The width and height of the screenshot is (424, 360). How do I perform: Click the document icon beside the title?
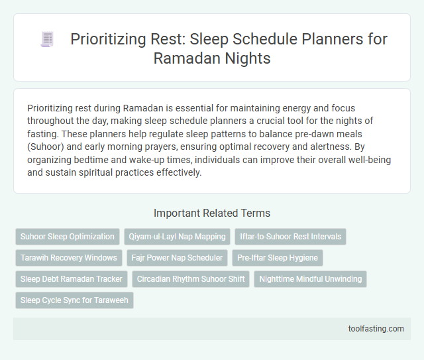(47, 39)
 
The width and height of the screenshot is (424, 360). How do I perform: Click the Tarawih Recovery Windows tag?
(68, 257)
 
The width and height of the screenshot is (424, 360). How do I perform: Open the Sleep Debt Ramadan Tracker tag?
(71, 279)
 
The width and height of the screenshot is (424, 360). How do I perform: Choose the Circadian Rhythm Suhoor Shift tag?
(191, 279)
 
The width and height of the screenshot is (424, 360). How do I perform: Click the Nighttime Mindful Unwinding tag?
(310, 279)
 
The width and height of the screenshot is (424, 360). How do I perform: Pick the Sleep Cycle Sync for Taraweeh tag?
(74, 300)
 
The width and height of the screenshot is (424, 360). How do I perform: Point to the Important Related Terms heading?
(211, 213)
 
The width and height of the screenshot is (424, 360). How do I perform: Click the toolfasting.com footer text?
(376, 328)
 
